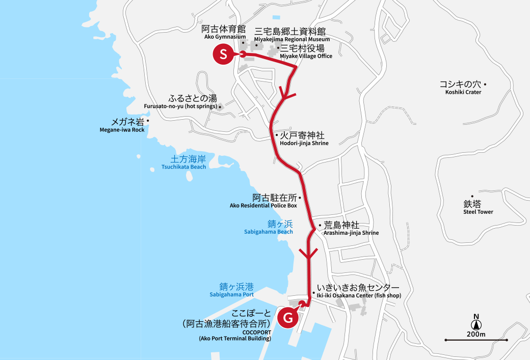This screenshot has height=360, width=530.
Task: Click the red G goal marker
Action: click(x=288, y=318)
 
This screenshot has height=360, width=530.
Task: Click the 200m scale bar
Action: click(x=476, y=340)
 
